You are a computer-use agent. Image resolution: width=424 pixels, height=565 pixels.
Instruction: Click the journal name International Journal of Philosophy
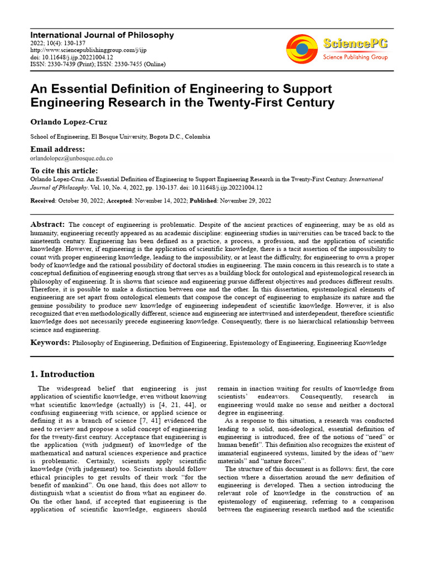[x=102, y=35]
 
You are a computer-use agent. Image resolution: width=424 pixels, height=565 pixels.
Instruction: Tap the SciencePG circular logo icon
[x=302, y=49]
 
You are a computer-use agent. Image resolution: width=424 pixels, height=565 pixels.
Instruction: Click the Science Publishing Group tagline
[x=355, y=57]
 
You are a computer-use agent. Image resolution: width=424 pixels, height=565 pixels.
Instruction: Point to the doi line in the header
[x=72, y=57]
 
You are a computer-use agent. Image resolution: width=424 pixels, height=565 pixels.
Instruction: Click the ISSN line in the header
[x=97, y=64]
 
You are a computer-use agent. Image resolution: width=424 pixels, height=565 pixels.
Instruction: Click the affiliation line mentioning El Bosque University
[x=120, y=137]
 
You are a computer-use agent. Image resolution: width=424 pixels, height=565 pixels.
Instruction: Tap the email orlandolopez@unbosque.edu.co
[x=71, y=158]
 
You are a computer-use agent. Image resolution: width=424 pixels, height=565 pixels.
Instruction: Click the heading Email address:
[x=57, y=150]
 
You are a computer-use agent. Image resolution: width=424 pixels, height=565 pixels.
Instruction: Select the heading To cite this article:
[x=64, y=170]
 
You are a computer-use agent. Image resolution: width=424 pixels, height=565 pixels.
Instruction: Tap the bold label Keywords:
[x=50, y=343]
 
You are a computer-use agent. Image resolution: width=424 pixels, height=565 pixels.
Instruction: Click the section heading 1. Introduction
[x=62, y=374]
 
